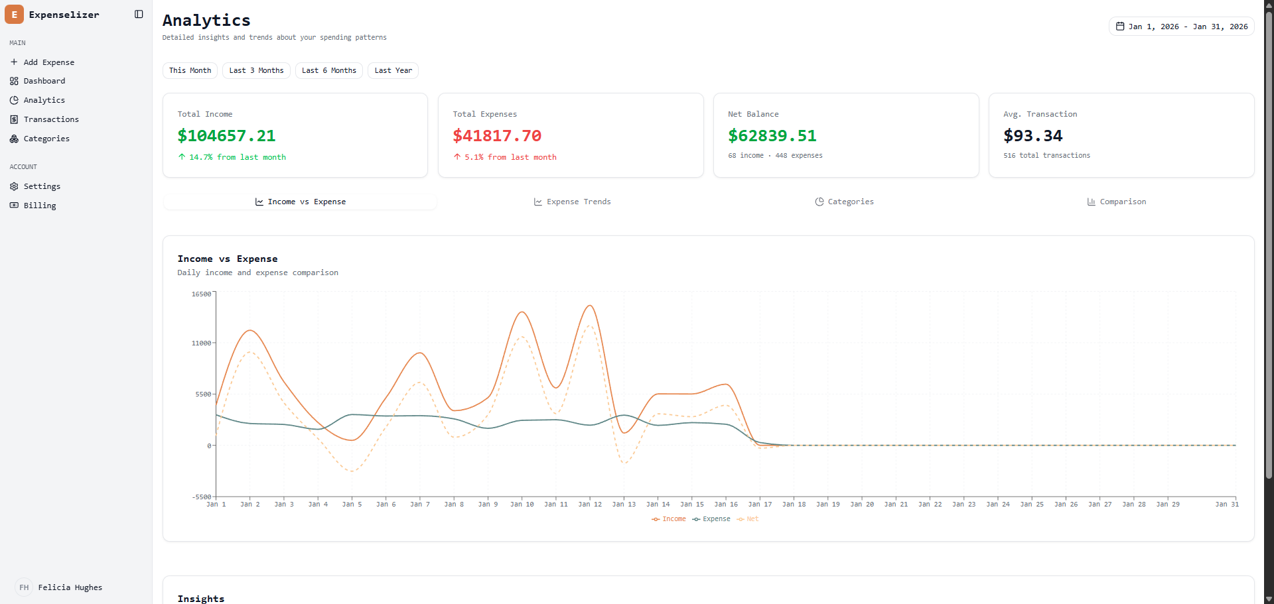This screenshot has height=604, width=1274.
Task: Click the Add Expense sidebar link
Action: tap(48, 62)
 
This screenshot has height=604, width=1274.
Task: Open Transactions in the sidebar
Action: tap(51, 119)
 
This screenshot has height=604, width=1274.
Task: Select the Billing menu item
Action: tap(40, 206)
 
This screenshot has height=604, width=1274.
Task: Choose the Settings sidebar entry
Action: tap(42, 186)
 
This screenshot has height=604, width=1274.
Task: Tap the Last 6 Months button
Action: tap(328, 70)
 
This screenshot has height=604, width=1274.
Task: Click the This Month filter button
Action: tap(190, 70)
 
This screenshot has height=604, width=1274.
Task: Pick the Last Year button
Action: tap(393, 70)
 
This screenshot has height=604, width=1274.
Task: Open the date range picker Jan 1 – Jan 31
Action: tap(1181, 27)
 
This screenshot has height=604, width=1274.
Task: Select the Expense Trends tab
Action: tap(572, 202)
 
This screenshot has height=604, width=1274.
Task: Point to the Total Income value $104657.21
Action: tap(226, 136)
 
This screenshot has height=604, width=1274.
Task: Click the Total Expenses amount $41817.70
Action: tap(497, 136)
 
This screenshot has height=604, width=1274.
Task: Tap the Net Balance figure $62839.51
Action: tap(772, 136)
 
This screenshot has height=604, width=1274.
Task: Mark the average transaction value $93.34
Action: tap(1032, 136)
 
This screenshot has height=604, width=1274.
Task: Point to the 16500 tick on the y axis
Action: tap(201, 294)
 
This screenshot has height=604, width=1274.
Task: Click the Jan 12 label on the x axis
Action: tap(590, 505)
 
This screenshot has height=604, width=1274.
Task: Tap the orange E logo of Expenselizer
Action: tap(14, 15)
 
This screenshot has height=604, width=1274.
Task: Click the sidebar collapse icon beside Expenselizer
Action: tap(139, 15)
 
